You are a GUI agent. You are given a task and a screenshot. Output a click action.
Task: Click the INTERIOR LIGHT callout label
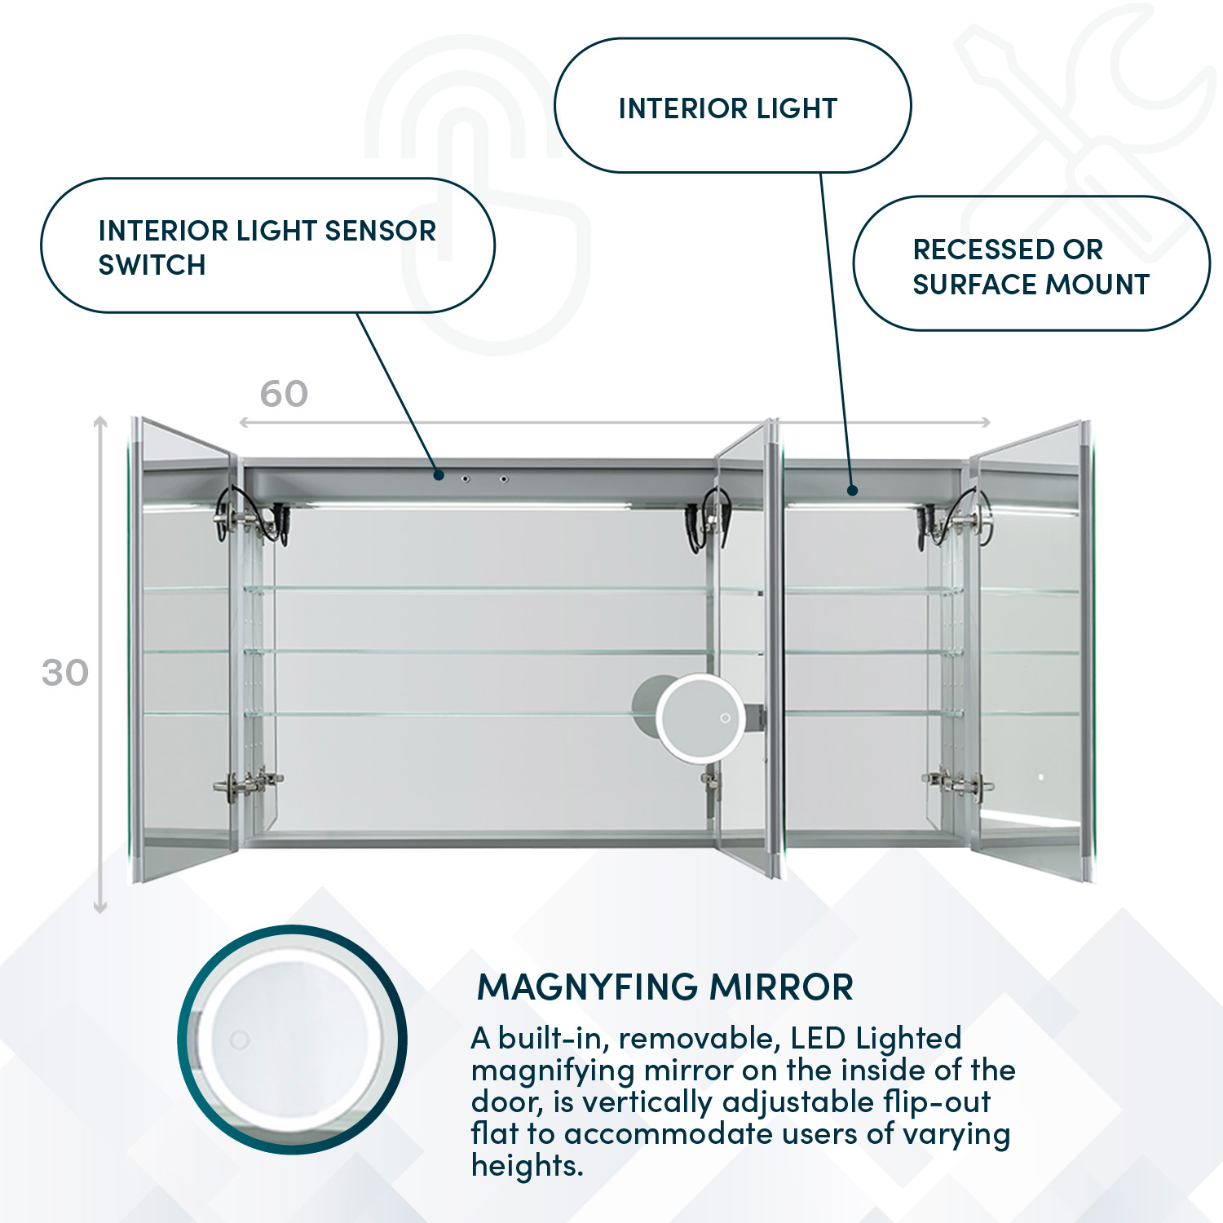click(728, 108)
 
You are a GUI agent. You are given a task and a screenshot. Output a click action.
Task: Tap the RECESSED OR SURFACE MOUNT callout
click(1031, 266)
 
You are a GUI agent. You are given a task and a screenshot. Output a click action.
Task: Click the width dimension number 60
click(284, 395)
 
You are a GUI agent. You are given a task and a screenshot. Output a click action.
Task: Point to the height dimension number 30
click(65, 673)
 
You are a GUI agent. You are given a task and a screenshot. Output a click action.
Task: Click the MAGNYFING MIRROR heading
click(664, 987)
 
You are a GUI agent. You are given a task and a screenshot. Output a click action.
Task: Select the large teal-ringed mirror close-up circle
click(292, 1040)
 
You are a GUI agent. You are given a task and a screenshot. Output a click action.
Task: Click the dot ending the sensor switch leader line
click(439, 475)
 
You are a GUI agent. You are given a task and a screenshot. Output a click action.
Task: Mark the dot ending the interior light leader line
click(852, 490)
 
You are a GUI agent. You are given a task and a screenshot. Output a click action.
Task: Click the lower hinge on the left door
click(248, 784)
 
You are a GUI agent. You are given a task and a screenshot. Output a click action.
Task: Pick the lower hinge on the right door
click(959, 783)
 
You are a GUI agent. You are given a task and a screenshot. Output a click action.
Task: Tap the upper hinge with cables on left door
click(245, 518)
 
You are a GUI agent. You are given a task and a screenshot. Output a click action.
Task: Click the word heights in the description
click(527, 1166)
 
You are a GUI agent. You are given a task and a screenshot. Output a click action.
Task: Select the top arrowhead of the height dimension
click(100, 422)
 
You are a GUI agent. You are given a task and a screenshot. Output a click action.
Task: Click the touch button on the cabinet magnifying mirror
click(725, 718)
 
